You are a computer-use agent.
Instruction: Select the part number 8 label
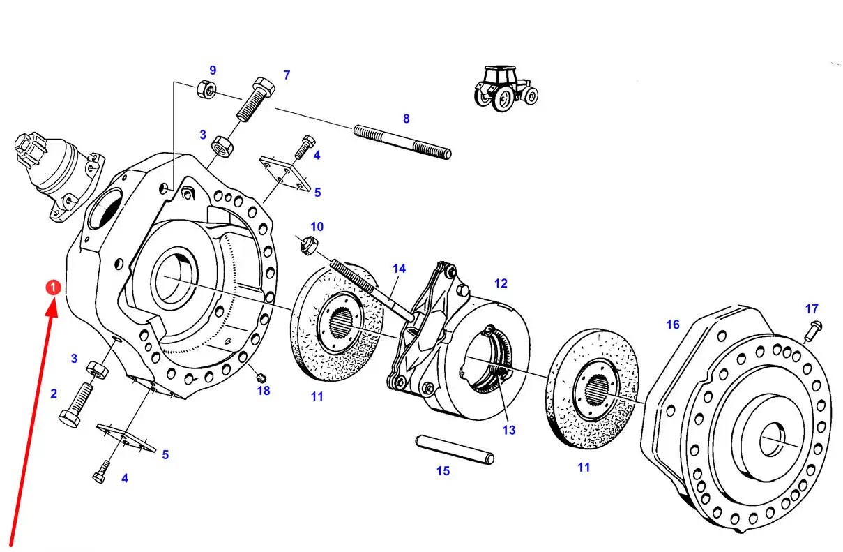click(407, 119)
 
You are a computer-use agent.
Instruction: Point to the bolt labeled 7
click(255, 98)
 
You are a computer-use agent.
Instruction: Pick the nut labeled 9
click(206, 89)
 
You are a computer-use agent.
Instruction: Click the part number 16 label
click(672, 325)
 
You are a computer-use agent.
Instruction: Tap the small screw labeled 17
click(812, 330)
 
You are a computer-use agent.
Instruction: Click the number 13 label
click(509, 431)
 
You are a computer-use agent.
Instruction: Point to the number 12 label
click(501, 283)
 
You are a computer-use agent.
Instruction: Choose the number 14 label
click(399, 268)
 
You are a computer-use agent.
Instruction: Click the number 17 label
click(812, 308)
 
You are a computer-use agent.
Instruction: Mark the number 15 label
click(443, 471)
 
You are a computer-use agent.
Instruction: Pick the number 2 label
click(54, 394)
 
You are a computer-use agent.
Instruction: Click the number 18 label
click(263, 391)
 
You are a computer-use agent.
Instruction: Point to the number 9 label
click(213, 70)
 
